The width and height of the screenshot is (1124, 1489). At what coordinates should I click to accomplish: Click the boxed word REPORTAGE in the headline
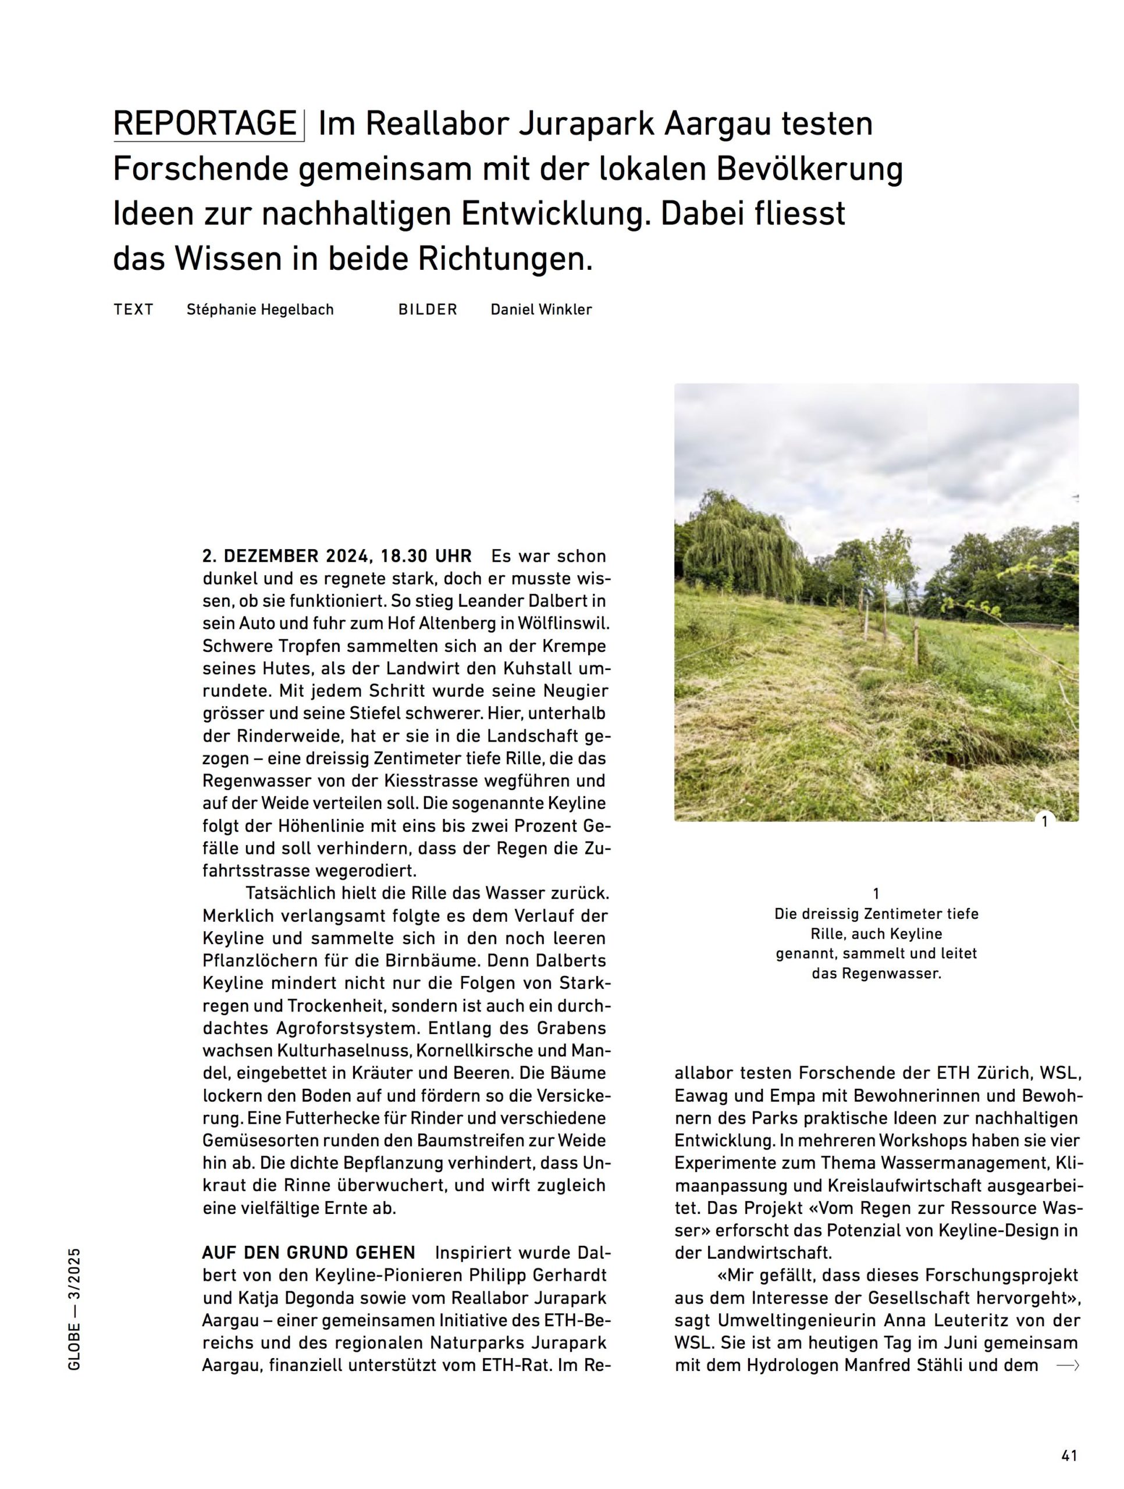coord(205,124)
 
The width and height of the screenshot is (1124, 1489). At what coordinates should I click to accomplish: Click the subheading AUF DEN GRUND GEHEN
coord(308,1253)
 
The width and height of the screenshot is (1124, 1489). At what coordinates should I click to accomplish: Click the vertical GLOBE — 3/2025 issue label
coord(74,1309)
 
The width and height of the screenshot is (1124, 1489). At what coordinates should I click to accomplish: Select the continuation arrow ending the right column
coord(1068,1366)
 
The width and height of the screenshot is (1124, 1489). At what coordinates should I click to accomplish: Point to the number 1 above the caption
coord(876,894)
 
